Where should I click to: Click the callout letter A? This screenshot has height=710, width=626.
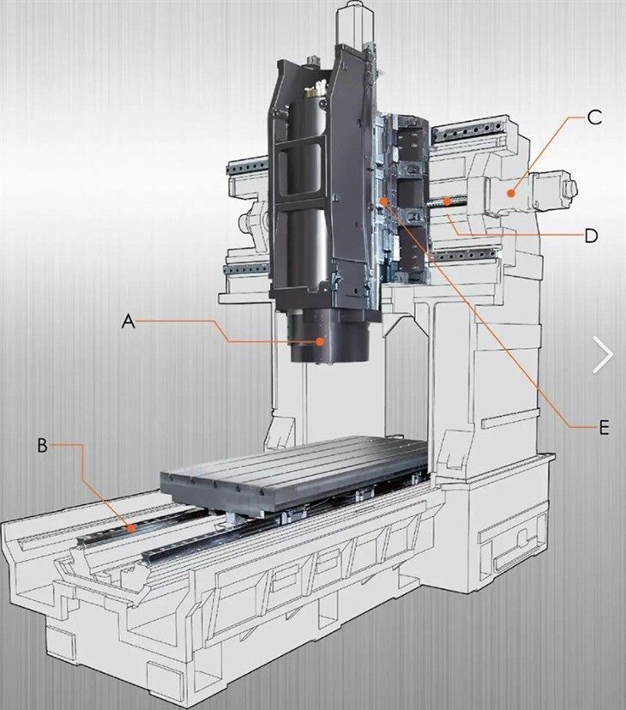coord(129,322)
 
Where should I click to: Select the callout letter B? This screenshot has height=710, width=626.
coord(42,445)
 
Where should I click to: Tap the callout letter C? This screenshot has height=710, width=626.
coord(594,118)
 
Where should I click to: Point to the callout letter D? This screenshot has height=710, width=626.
coord(590,235)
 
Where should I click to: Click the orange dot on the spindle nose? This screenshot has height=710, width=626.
coord(320,341)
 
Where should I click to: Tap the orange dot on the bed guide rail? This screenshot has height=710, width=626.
coord(130,528)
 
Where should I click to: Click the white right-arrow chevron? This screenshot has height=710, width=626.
coord(604,355)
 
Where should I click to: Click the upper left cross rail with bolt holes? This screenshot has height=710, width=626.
coord(247,165)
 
